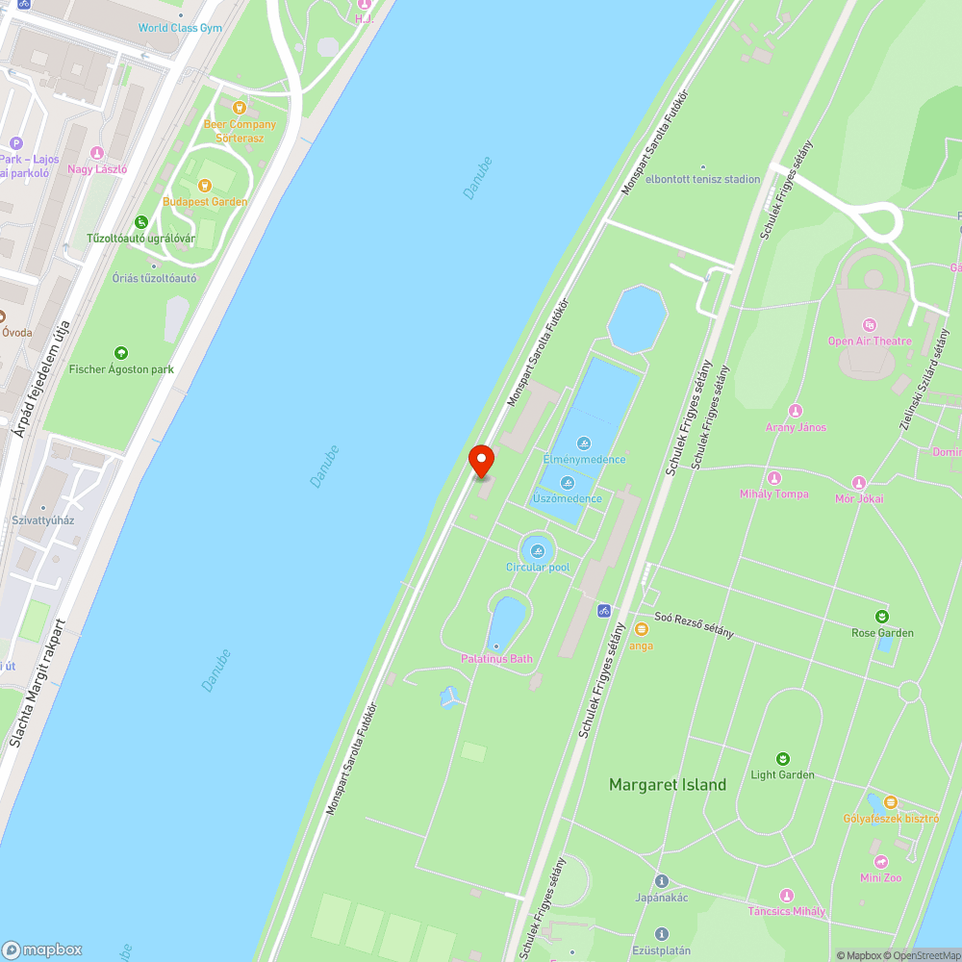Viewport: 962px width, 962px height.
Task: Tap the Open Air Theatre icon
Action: coord(870,325)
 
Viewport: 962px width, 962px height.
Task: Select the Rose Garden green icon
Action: coord(882,616)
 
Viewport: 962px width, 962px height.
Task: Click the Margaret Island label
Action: coord(668,785)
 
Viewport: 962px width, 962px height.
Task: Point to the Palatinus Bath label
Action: coord(496,659)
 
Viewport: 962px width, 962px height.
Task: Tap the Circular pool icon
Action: coord(538,551)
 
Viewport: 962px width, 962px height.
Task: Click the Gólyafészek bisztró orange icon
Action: coord(891,801)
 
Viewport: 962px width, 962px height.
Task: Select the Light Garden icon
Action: coord(783,759)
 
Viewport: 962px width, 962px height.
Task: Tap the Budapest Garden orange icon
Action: coord(205,186)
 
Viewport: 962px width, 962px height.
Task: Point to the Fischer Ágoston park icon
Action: coord(121,353)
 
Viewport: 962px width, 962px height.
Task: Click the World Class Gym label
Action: coord(180,28)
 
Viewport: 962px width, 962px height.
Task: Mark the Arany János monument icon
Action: coord(796,411)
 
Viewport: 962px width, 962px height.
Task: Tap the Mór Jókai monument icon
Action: coord(859,483)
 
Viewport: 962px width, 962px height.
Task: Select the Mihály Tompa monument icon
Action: coord(774,478)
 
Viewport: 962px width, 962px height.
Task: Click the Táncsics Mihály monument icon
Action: coord(787,896)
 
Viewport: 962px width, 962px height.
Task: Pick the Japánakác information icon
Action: coord(661,881)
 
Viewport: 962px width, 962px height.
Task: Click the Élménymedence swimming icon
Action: coord(584,443)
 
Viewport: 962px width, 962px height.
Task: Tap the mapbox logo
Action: coord(42,949)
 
